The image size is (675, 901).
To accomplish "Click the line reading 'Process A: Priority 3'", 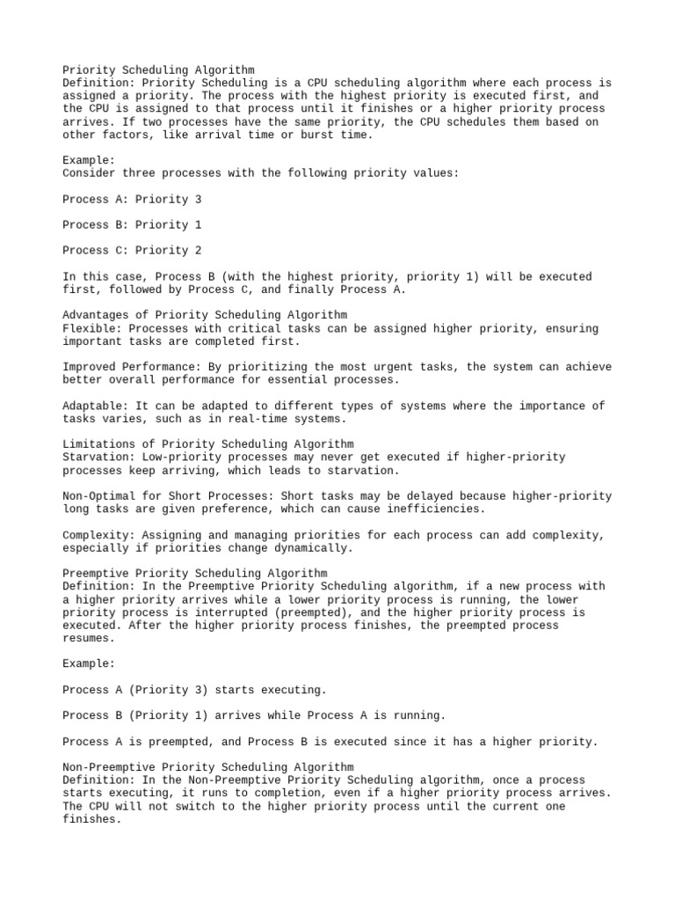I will click(x=132, y=200).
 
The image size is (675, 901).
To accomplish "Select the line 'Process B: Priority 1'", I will click(x=132, y=225).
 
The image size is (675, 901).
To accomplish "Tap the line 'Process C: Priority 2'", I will click(x=132, y=251).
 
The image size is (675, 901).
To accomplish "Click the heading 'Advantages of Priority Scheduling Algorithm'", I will click(x=205, y=315).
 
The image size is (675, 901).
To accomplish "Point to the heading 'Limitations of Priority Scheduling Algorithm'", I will click(x=208, y=444).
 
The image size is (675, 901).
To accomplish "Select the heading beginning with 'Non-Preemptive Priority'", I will click(x=208, y=767).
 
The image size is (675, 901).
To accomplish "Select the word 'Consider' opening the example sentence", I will click(x=89, y=173).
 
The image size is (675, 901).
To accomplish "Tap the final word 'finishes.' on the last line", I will click(x=92, y=819).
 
